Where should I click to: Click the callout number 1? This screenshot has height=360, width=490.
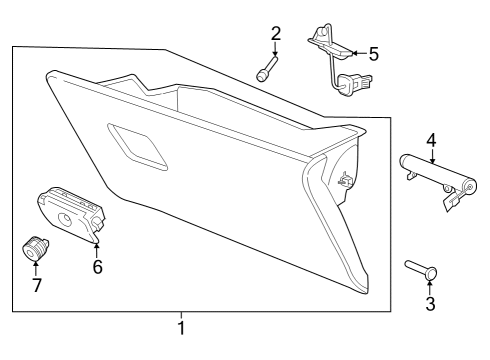(x=181, y=327)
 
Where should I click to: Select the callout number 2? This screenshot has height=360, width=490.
(x=275, y=34)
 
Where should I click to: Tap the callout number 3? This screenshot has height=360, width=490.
(x=430, y=304)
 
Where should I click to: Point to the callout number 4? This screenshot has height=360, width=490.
(x=431, y=139)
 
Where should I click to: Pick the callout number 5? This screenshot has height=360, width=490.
(x=373, y=53)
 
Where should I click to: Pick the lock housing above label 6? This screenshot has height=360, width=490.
(x=71, y=213)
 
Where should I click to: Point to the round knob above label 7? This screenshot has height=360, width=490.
(x=36, y=246)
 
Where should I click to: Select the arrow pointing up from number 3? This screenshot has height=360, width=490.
(x=430, y=285)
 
